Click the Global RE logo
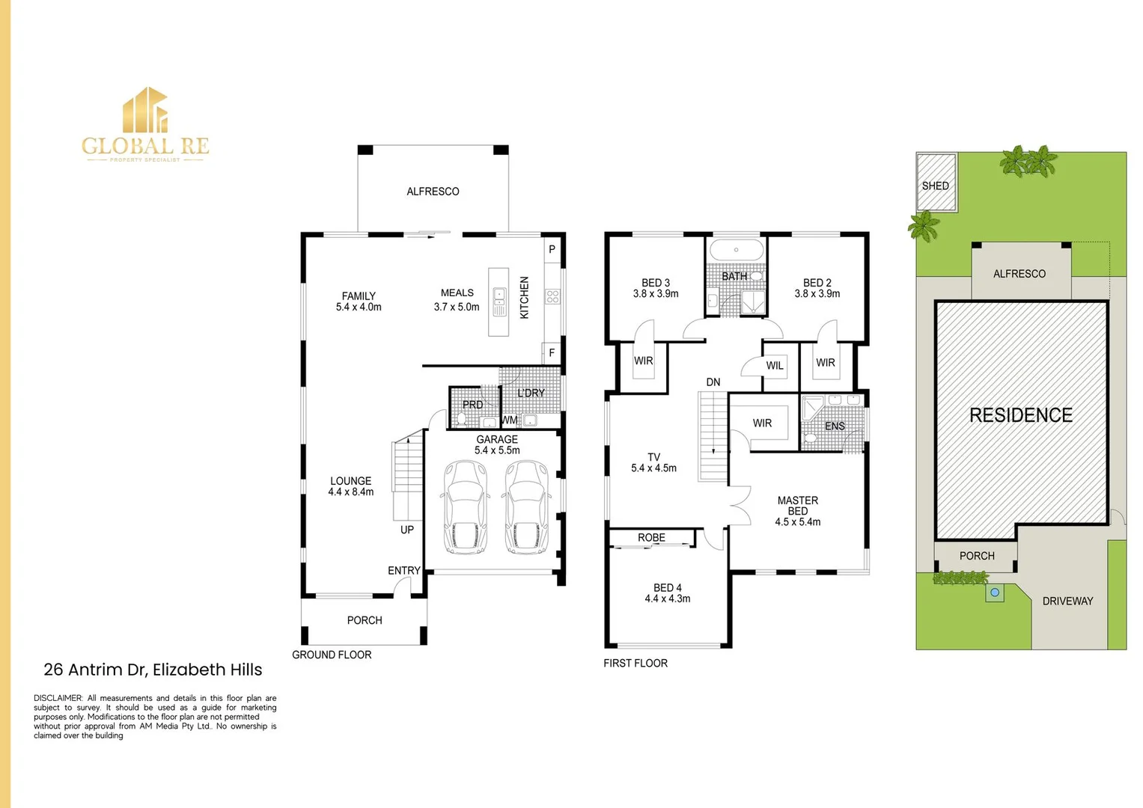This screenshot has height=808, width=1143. click(x=146, y=124)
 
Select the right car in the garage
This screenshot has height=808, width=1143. click(x=526, y=506)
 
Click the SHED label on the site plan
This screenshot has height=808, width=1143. click(x=935, y=186)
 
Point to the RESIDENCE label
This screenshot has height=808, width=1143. click(x=1020, y=415)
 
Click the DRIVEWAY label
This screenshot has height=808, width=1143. click(x=1067, y=601)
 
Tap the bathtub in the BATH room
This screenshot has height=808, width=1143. click(x=736, y=250)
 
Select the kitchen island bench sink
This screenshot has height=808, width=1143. click(x=499, y=302)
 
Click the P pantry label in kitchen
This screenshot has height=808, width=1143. click(x=552, y=249)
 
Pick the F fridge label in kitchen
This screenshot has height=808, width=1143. click(x=552, y=353)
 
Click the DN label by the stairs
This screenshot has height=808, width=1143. click(x=713, y=382)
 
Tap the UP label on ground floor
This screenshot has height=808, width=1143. click(x=407, y=530)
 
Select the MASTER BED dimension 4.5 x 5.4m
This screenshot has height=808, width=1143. click(x=797, y=522)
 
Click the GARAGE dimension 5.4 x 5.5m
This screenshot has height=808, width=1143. click(x=497, y=450)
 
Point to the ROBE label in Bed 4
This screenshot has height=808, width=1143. click(x=651, y=538)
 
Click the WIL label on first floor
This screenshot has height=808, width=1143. click(x=775, y=366)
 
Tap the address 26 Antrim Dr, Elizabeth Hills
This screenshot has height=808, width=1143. click(x=153, y=670)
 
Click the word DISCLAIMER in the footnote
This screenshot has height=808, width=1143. click(x=58, y=698)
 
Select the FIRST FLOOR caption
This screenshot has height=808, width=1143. click(x=635, y=663)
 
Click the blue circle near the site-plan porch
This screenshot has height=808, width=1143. click(x=995, y=593)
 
